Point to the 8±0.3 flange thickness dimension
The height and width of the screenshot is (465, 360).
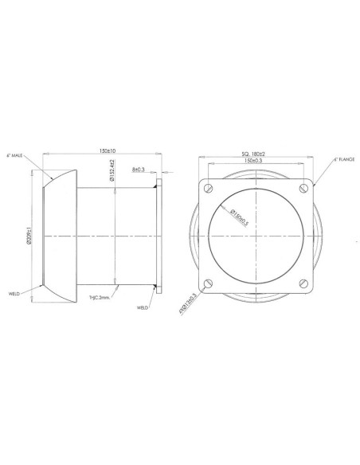(140, 170)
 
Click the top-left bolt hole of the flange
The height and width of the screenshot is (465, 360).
(209, 189)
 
